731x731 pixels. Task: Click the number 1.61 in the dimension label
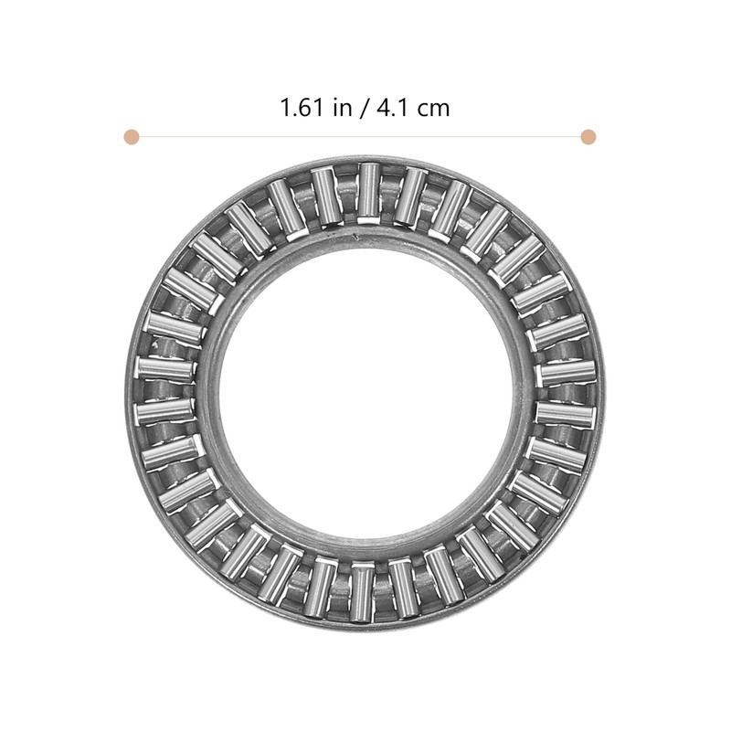pos(302,108)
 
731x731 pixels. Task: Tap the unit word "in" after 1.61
pos(343,108)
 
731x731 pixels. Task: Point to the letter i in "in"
pos(336,108)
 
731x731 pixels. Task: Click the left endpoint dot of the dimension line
pos(131,137)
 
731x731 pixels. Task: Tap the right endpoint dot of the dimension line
pos(588,137)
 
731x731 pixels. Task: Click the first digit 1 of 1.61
pos(286,108)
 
